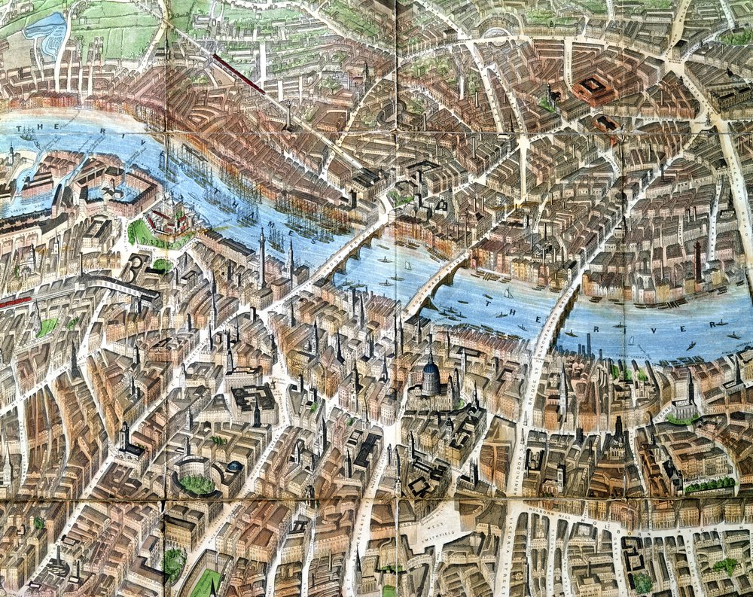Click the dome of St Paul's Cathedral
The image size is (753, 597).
tap(430, 377)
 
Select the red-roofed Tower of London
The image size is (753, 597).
tap(170, 221)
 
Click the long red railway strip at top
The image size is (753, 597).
tap(237, 73)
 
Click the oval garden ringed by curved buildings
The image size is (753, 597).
tap(197, 483)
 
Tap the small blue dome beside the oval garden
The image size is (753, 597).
tap(235, 467)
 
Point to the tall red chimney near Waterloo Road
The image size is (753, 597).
tap(697, 260)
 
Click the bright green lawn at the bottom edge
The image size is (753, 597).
tap(205, 583)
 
